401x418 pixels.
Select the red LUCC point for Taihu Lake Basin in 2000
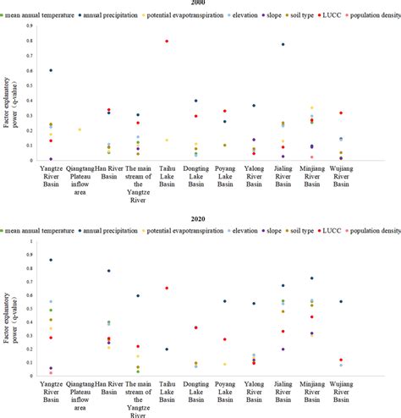[167, 41]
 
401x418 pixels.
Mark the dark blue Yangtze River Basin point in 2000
[51, 71]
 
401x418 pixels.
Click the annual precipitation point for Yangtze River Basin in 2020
[51, 260]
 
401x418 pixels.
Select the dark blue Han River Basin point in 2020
[109, 272]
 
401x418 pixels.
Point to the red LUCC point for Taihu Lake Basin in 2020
[167, 289]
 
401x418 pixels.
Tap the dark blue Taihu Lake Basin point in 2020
[167, 349]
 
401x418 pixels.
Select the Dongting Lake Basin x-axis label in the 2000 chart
[195, 176]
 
